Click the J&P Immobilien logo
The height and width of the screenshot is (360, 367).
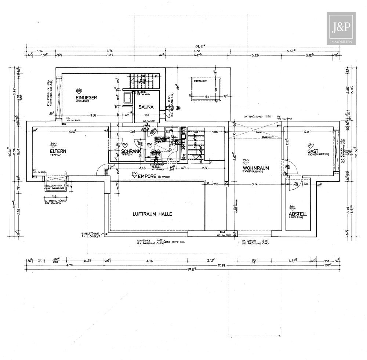pos(341,28)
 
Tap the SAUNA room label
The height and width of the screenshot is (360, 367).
pos(145,108)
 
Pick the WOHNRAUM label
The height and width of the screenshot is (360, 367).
pos(256,168)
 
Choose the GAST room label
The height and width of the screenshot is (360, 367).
pos(313,151)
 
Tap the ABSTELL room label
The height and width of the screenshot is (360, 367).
pos(298,214)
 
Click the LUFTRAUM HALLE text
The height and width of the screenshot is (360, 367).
pos(152,214)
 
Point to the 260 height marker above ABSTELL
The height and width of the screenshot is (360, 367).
pos(292,207)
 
